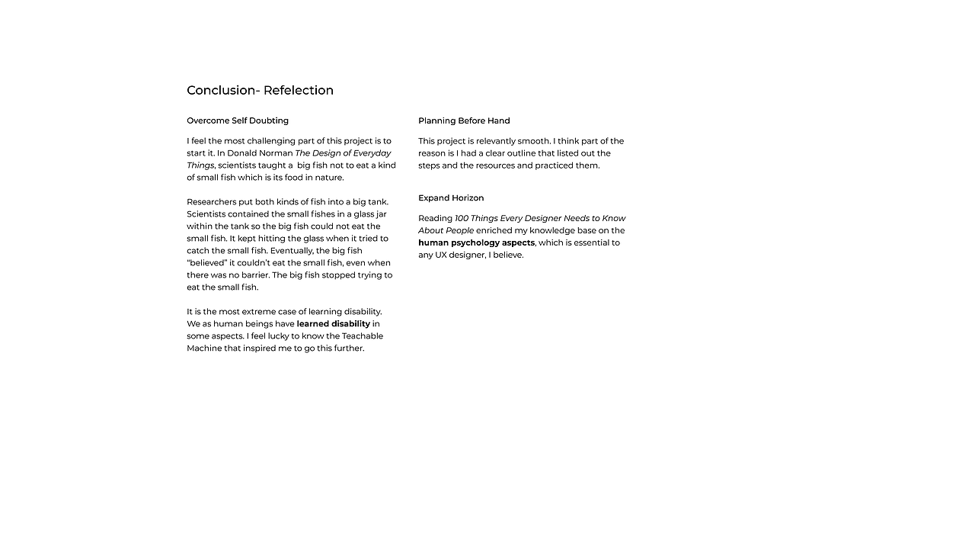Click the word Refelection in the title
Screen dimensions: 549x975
299,90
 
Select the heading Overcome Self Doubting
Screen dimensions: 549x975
238,120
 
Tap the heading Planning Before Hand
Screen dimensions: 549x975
464,120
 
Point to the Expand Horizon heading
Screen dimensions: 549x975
451,198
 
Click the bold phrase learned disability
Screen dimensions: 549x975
334,324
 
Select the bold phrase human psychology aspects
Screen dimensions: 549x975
476,243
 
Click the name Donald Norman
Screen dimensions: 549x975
260,153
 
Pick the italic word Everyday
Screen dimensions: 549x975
372,153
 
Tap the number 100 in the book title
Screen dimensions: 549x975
462,219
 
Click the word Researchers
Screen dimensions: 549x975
212,202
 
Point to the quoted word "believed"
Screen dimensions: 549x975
206,263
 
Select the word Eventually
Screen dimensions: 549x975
291,251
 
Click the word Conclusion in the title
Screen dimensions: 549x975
220,90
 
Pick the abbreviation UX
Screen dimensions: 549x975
441,255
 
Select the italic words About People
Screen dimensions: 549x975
446,231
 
